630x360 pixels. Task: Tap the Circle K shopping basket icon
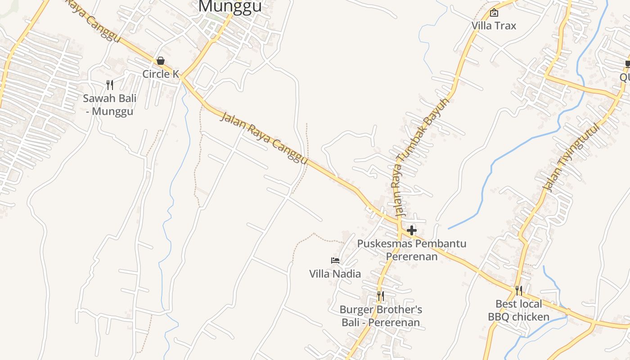coord(161,61)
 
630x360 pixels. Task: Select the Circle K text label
coord(161,74)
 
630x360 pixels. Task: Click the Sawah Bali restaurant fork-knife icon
coord(110,85)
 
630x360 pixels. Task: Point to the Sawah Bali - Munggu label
coord(109,105)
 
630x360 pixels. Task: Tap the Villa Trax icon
coord(494,13)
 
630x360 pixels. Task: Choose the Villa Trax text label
coord(494,26)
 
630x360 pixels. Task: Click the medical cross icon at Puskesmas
coord(411,231)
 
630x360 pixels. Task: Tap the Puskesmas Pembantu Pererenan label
coord(412,250)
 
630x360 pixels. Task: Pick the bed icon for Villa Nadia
coord(335,261)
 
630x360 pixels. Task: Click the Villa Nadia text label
coord(335,274)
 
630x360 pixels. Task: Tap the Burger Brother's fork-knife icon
coord(380,296)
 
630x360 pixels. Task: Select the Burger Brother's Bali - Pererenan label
coord(381,316)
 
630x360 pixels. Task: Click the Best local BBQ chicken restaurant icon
coord(518,290)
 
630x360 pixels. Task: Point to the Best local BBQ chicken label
coord(518,310)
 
